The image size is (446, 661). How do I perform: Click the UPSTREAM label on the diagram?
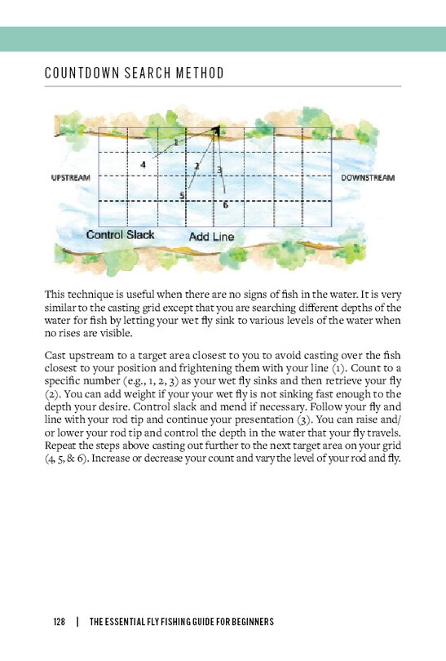[72, 177]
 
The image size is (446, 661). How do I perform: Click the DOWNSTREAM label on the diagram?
[368, 177]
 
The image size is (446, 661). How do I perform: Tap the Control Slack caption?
[120, 235]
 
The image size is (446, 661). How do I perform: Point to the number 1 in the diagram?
[175, 142]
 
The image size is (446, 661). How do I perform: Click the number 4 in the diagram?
[143, 164]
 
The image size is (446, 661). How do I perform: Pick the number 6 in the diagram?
[225, 205]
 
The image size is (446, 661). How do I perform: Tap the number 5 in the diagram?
[182, 195]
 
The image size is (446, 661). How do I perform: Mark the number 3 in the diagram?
[219, 170]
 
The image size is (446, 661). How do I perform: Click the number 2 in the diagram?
[197, 166]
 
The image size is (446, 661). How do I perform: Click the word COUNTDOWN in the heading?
[84, 74]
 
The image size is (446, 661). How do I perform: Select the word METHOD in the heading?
[199, 74]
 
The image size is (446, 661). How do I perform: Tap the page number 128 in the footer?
[59, 623]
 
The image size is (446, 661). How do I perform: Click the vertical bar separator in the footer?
[77, 623]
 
